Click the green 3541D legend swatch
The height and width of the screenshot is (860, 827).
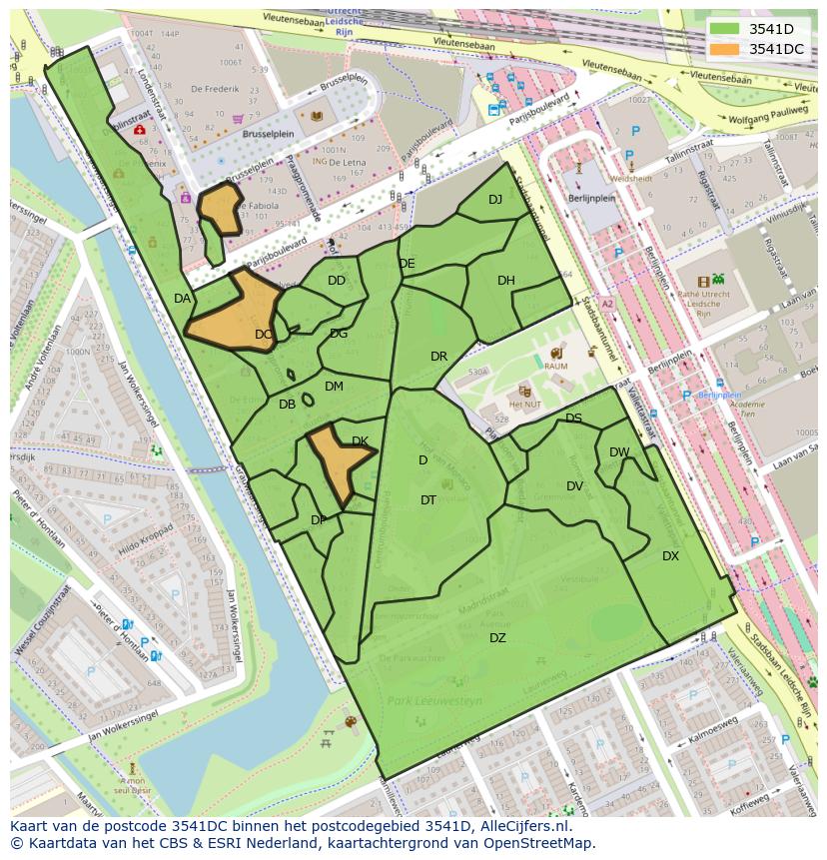tap(724, 28)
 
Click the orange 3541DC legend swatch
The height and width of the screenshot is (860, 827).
tap(724, 49)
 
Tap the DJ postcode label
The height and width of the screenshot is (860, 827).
tap(495, 200)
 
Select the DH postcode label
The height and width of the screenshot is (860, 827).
tap(506, 281)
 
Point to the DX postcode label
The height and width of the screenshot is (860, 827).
tap(670, 556)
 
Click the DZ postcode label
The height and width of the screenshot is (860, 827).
tap(497, 638)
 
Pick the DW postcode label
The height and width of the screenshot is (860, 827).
tap(619, 452)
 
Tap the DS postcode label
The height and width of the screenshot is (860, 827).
tap(573, 419)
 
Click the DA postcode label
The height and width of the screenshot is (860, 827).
tap(182, 299)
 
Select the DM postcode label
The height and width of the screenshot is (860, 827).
tap(334, 387)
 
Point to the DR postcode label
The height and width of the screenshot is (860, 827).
tap(438, 357)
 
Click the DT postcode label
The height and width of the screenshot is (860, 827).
tap(428, 500)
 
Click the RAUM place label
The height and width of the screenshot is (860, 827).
tap(555, 367)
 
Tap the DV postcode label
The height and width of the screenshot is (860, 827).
tap(574, 486)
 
